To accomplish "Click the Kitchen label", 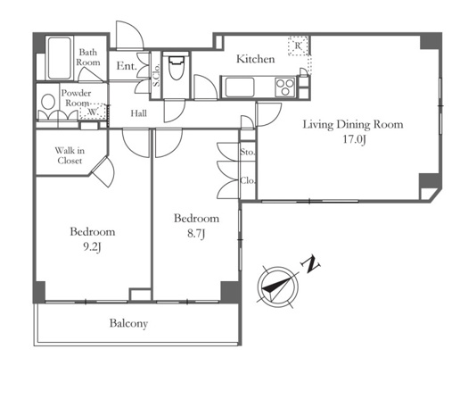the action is [255, 59].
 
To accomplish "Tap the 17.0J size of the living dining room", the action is [354, 139].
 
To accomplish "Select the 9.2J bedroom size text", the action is [92, 246].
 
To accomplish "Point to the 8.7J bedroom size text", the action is [196, 233].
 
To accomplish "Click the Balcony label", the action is [128, 323].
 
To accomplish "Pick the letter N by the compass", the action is [311, 264].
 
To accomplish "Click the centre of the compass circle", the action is [277, 287].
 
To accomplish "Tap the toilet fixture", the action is [176, 66].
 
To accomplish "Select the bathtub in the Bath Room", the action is [60, 58].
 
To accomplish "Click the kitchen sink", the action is [240, 87].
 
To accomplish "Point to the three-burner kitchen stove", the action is [285, 87].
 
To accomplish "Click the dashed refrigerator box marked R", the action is [298, 46].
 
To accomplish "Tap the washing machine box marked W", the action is [93, 112].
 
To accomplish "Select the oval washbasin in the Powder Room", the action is [48, 102].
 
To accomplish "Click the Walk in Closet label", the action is [70, 155].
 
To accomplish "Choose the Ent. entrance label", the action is [127, 66].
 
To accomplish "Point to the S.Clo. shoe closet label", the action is [156, 75].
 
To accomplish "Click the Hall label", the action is [139, 113].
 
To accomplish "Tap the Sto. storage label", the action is [248, 152].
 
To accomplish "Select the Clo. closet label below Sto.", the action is [248, 180].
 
